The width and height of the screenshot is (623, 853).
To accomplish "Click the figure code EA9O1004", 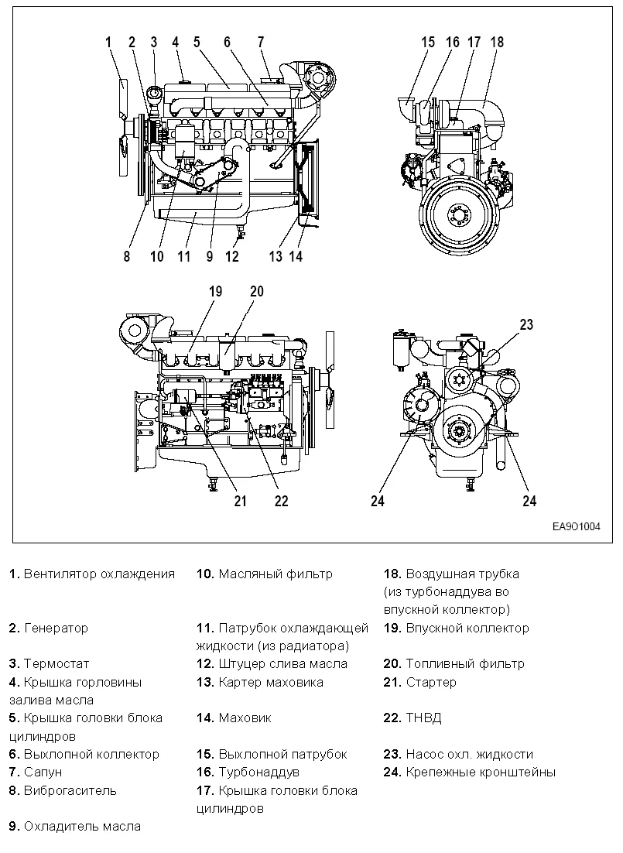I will point(576,526).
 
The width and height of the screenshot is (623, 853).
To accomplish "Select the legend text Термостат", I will point(56,663).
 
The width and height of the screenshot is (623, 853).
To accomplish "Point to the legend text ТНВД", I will point(423,718).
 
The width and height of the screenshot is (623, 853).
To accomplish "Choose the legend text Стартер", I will point(431,682).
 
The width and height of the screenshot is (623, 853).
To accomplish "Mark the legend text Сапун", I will point(43,772).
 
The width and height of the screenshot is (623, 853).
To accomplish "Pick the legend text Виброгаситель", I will point(70,790).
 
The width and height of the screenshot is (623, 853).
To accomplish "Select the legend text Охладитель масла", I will point(82,826).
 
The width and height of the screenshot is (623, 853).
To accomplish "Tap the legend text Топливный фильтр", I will point(464,663).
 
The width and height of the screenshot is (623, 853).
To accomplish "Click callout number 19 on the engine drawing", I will point(215,292).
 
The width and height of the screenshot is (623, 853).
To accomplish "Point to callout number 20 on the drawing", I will point(256,292).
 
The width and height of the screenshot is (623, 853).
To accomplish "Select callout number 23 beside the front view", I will point(526,325).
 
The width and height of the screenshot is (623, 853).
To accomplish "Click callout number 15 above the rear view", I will point(428,42).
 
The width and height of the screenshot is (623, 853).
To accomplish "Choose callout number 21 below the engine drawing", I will point(240,501).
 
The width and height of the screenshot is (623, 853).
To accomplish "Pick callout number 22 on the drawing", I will point(281,501).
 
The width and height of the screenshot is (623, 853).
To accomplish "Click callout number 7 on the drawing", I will point(261,42).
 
